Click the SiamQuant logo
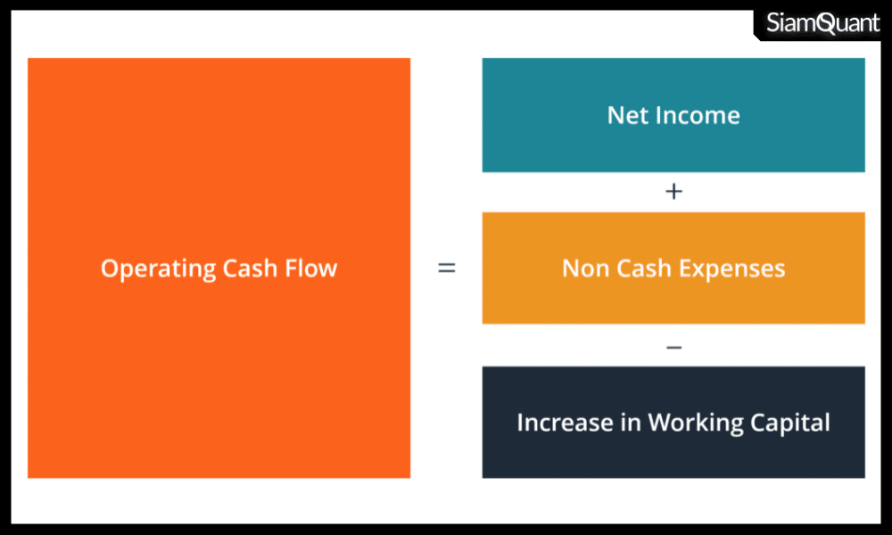[x=822, y=23]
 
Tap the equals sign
[x=447, y=267]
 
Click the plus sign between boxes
[x=673, y=192]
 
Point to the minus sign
[x=673, y=347]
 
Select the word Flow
[x=310, y=267]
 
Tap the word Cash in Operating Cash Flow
[x=250, y=267]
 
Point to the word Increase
[x=565, y=423]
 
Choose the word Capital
[x=790, y=424]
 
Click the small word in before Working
[x=631, y=423]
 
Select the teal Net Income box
[x=673, y=115]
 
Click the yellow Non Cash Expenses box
[x=673, y=267]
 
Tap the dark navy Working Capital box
[x=673, y=422]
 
